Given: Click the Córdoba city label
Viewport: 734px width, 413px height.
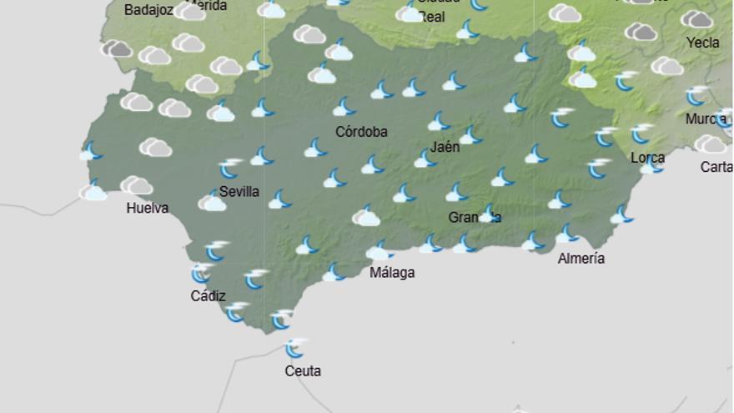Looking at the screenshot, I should coord(361,132).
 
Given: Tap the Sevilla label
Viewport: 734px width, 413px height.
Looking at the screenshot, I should coord(239,192).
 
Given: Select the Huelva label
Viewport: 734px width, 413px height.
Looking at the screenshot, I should coord(148,209).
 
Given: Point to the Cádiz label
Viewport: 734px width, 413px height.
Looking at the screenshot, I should coord(208,295).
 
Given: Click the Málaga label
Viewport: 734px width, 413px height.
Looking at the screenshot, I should coord(392,273).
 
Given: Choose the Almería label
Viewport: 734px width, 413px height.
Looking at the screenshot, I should coord(581,259).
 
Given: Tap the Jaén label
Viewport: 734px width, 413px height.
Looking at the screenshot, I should coord(445,148).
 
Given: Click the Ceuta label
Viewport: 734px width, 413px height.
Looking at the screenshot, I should coord(303,371).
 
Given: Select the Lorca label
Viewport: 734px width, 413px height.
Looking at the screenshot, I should coord(648,158).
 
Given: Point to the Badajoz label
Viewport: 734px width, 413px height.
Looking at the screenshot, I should coord(148,11).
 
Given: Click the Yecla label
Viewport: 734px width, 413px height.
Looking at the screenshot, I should coord(702,43).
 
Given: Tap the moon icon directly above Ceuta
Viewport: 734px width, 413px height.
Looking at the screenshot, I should coord(294,348).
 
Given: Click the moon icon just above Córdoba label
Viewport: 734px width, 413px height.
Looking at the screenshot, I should coord(344,107).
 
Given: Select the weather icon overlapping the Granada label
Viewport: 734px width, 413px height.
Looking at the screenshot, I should coord(488,214).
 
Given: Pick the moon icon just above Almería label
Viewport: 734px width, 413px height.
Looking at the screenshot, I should coord(567,234).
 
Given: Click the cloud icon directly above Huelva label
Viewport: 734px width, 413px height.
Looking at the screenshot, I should coord(136,185).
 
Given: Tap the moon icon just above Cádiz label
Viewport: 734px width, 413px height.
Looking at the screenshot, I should coord(201,273).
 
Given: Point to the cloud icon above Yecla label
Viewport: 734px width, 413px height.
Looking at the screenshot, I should coord(696,19).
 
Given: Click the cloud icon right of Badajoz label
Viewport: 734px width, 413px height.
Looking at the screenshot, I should coord(190,12).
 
